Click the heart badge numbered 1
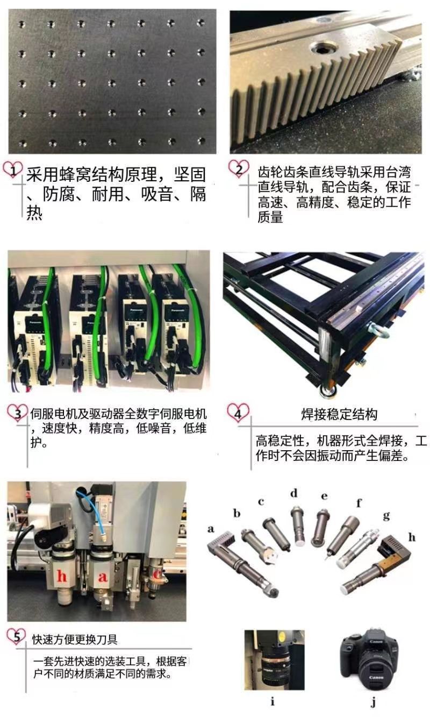(13, 171)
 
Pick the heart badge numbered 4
(238, 414)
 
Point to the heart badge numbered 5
(17, 638)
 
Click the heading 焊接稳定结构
(339, 414)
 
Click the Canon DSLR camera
(370, 662)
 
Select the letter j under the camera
(373, 702)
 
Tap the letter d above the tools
(293, 493)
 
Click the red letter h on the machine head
(62, 577)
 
